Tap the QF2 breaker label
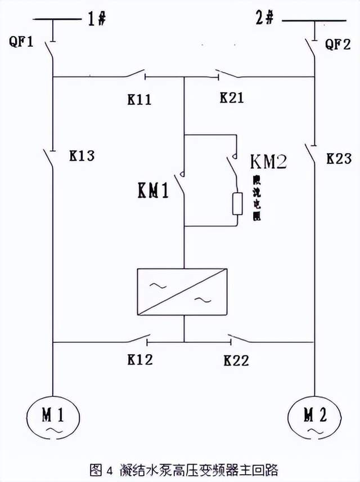337,45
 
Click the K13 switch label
82,155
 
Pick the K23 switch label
340,159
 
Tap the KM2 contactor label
268,162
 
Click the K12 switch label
139,359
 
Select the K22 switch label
236,360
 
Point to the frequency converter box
183,292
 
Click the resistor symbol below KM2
237,203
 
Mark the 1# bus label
97,19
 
